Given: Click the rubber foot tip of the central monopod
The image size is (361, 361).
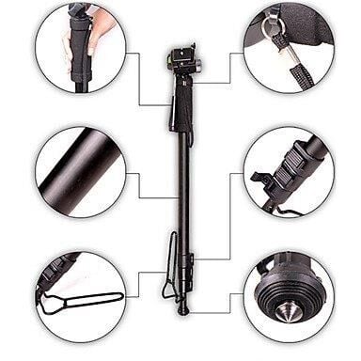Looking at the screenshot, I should click(183, 309).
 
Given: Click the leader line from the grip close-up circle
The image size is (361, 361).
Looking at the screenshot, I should click(141, 80).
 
